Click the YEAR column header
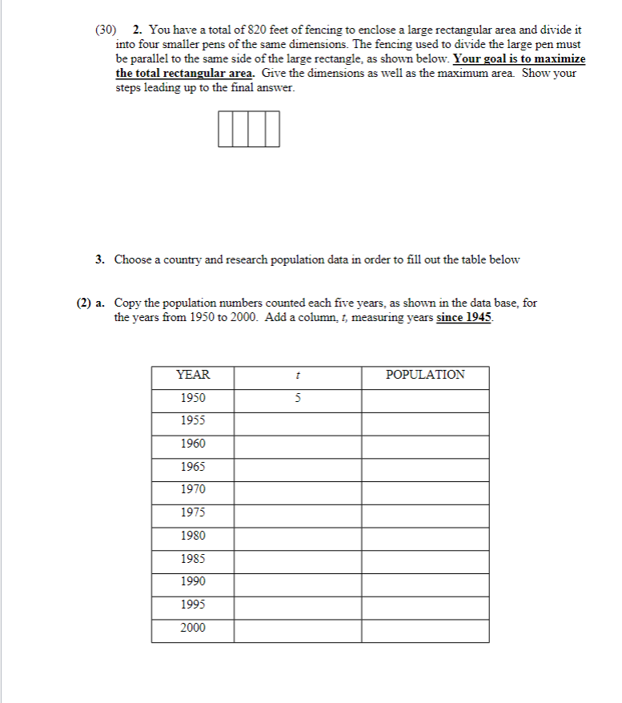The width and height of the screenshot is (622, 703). click(x=192, y=375)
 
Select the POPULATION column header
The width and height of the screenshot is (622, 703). click(x=424, y=375)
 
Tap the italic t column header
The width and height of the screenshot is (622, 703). click(x=297, y=375)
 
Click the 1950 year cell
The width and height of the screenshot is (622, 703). click(x=192, y=398)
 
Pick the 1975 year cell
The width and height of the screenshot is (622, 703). click(x=192, y=512)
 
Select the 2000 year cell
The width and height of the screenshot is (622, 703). click(x=192, y=628)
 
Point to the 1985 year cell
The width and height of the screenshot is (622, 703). click(x=192, y=559)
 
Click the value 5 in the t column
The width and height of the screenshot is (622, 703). click(x=297, y=398)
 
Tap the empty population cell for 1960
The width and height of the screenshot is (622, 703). click(x=424, y=444)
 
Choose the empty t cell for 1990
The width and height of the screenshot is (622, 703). click(x=297, y=581)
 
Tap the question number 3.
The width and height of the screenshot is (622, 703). click(x=99, y=259)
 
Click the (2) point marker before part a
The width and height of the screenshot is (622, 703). click(x=82, y=303)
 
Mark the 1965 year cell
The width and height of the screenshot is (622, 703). click(x=192, y=467)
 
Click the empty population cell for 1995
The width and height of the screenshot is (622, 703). click(x=424, y=605)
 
